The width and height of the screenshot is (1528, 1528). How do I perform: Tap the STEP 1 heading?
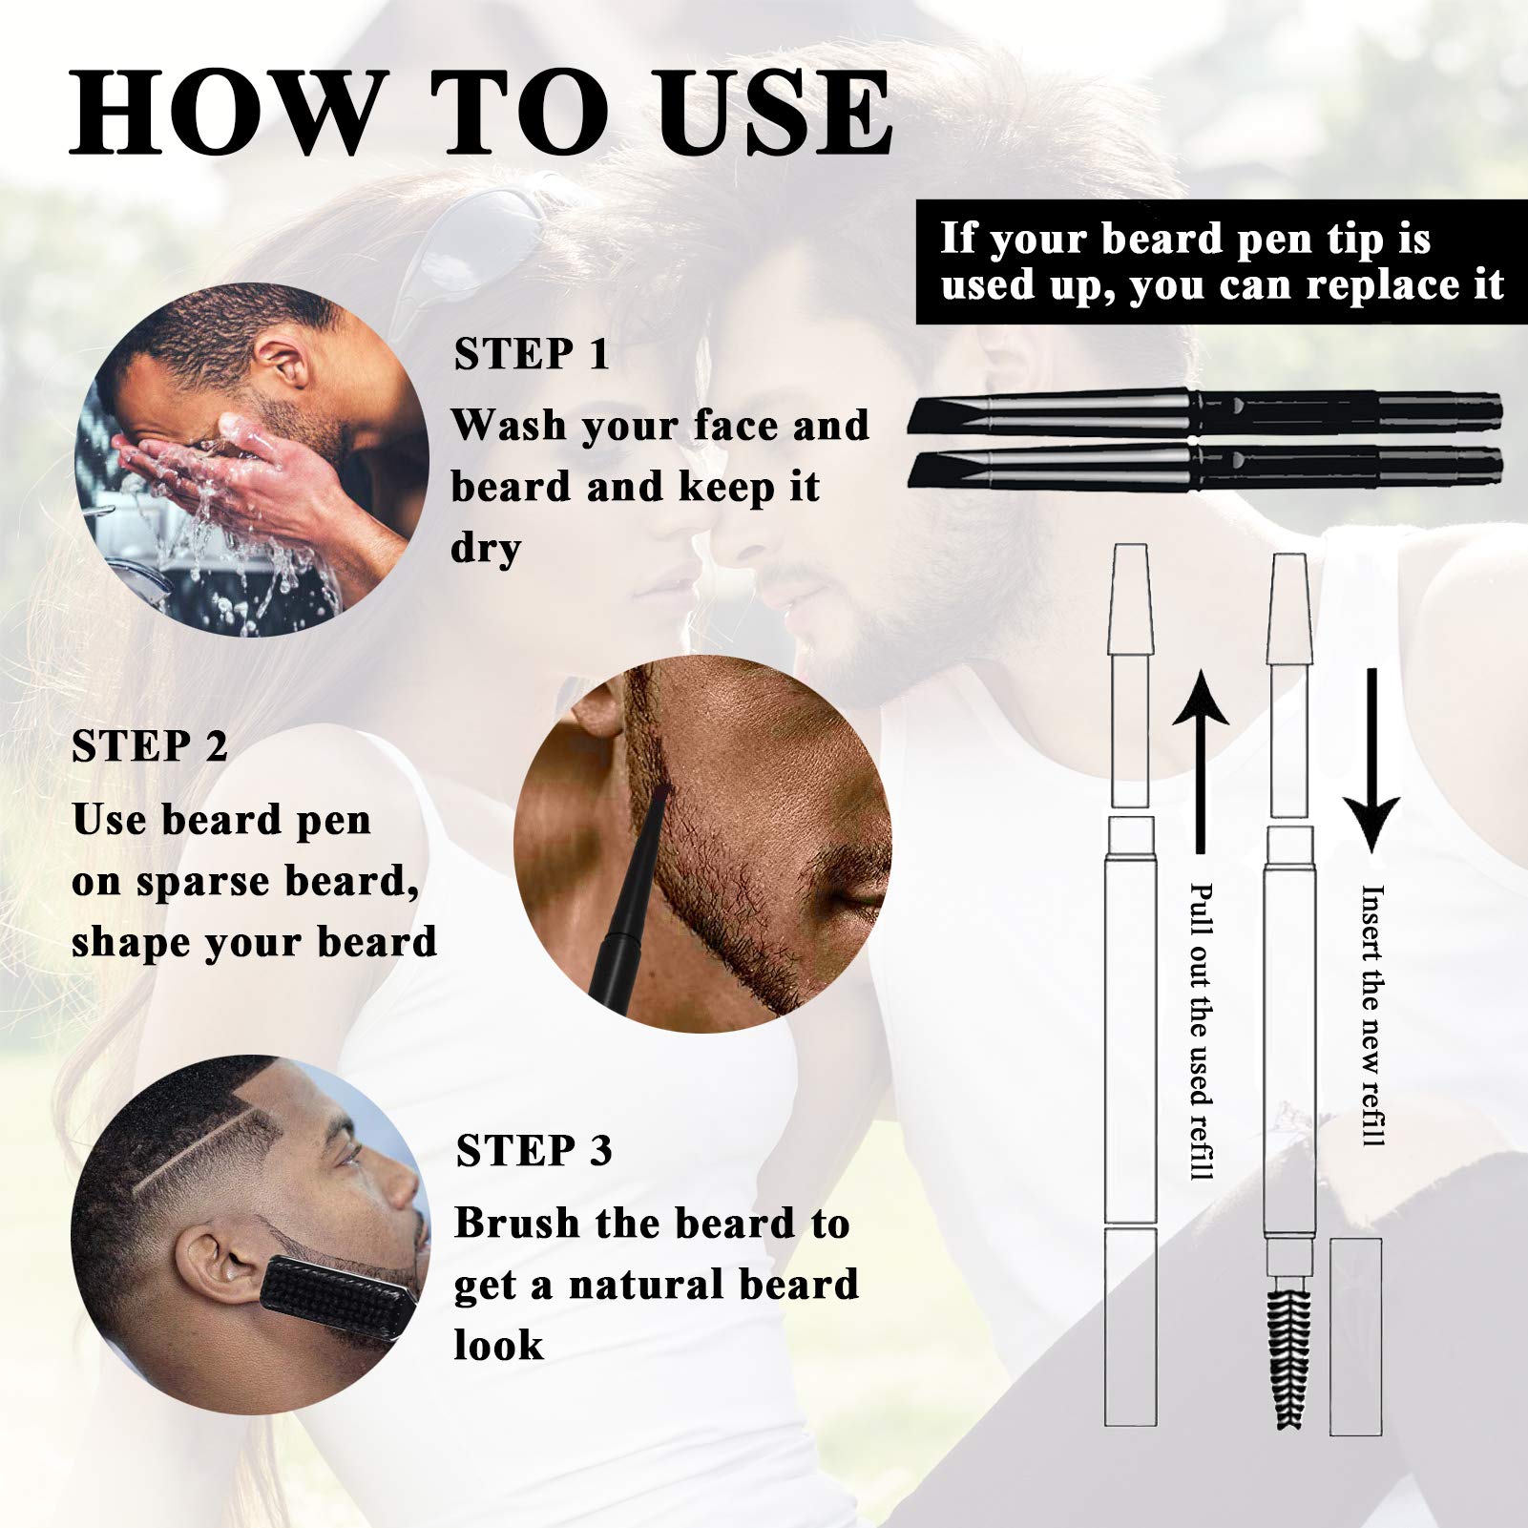click(531, 355)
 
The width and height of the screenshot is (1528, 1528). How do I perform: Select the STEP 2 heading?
click(150, 747)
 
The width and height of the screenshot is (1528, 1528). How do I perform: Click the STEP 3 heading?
click(534, 1151)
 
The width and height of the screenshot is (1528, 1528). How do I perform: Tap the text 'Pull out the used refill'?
click(1202, 1031)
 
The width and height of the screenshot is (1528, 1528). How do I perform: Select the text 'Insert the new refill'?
click(1372, 1015)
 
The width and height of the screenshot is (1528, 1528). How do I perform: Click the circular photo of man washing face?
click(252, 460)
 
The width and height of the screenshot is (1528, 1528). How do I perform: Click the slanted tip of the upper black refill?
click(940, 414)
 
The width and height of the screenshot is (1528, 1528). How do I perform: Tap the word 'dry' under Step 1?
click(486, 549)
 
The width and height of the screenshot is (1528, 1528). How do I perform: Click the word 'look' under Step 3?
click(497, 1345)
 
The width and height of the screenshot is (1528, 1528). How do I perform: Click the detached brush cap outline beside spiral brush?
click(1355, 1336)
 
